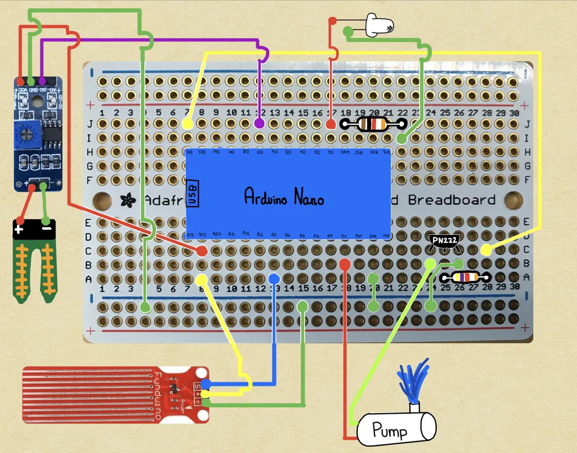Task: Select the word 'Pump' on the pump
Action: click(x=389, y=430)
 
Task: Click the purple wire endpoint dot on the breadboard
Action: click(x=260, y=123)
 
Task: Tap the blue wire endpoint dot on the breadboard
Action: click(x=273, y=279)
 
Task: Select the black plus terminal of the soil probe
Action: click(x=20, y=229)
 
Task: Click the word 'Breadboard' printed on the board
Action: click(x=452, y=200)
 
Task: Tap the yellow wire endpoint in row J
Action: click(x=188, y=123)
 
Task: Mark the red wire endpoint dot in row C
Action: click(x=202, y=250)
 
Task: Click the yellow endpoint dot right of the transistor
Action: click(x=486, y=250)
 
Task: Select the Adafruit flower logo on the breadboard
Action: click(x=125, y=200)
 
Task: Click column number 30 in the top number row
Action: click(x=514, y=113)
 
